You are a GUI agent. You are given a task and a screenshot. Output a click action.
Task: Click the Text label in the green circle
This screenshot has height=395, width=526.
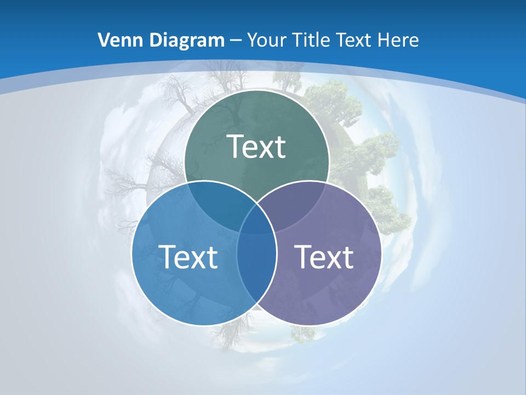[256, 147]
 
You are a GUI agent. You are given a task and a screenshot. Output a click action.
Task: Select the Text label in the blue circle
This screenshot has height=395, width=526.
[188, 257]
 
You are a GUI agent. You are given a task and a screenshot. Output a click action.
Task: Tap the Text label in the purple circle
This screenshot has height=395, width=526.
[324, 257]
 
